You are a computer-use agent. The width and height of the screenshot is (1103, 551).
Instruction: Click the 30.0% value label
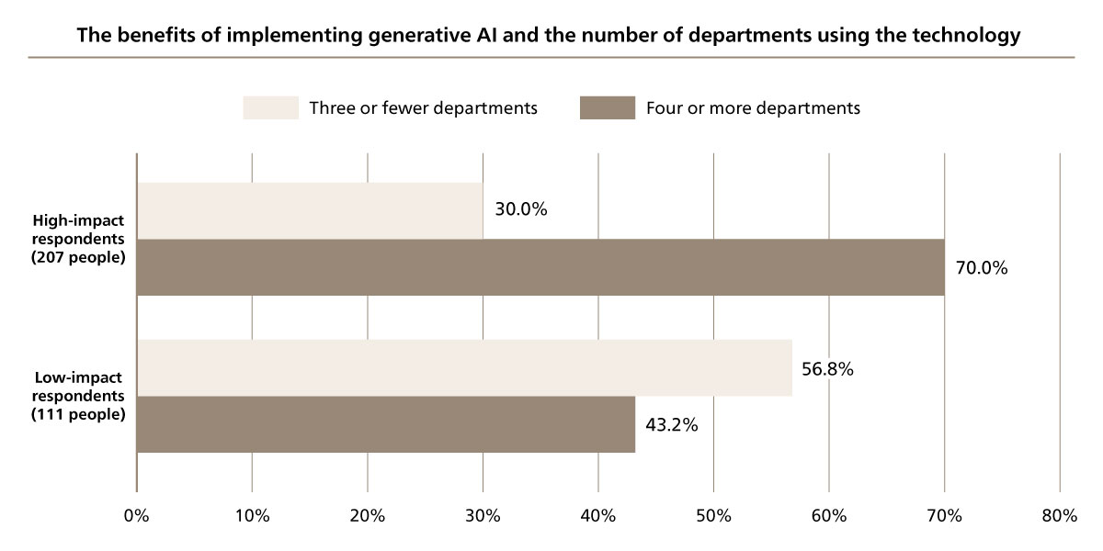(x=520, y=209)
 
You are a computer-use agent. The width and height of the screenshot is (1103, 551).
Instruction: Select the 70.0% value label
(x=982, y=269)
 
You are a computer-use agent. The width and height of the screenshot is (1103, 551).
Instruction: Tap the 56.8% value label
(x=828, y=369)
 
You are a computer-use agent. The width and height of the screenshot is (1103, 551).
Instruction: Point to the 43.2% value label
(x=672, y=426)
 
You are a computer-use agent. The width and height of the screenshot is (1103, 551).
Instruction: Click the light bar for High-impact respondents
(x=310, y=210)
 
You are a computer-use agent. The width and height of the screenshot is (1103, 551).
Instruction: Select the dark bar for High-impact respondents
(x=540, y=267)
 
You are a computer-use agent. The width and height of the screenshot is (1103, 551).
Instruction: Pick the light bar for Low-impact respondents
(x=464, y=368)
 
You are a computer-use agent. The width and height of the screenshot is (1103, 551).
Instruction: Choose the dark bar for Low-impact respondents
(x=386, y=424)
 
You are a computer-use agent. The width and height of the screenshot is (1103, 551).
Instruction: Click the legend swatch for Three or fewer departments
(x=271, y=107)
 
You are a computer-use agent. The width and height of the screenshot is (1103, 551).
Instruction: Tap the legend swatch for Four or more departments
(x=608, y=107)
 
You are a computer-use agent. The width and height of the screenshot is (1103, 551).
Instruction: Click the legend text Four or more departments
(x=753, y=107)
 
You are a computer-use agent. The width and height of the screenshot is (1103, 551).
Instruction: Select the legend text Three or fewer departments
(x=423, y=107)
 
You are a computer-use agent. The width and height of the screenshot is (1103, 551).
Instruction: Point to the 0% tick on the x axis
(x=136, y=516)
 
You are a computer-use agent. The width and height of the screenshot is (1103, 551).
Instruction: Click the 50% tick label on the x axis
(x=713, y=516)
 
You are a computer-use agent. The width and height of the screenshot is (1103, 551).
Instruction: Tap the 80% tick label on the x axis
(x=1059, y=516)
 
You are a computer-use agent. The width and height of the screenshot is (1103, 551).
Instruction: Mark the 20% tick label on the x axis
(x=367, y=516)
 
